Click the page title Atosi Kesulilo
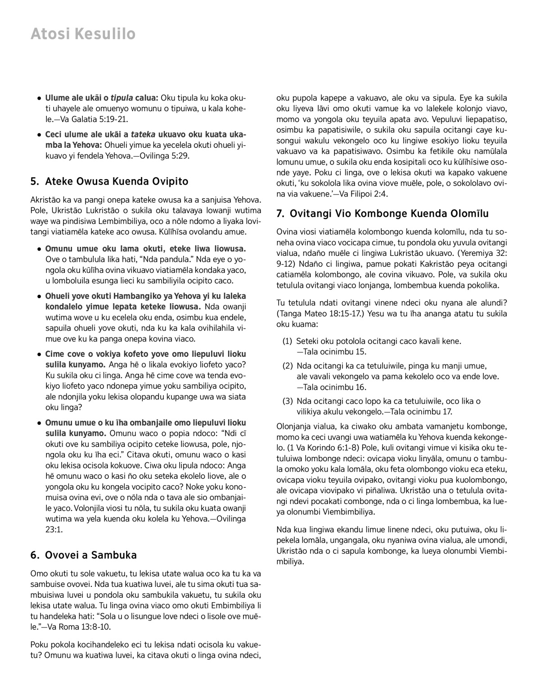(83, 34)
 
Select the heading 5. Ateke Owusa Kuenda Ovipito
(109, 182)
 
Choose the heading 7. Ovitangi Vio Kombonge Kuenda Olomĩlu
(382, 213)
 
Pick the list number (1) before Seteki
(288, 341)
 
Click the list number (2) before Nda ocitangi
(288, 366)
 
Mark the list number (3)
(288, 401)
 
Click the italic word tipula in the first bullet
(121, 98)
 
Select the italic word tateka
(144, 135)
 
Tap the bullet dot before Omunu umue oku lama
(40, 249)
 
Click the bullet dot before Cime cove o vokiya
(40, 354)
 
